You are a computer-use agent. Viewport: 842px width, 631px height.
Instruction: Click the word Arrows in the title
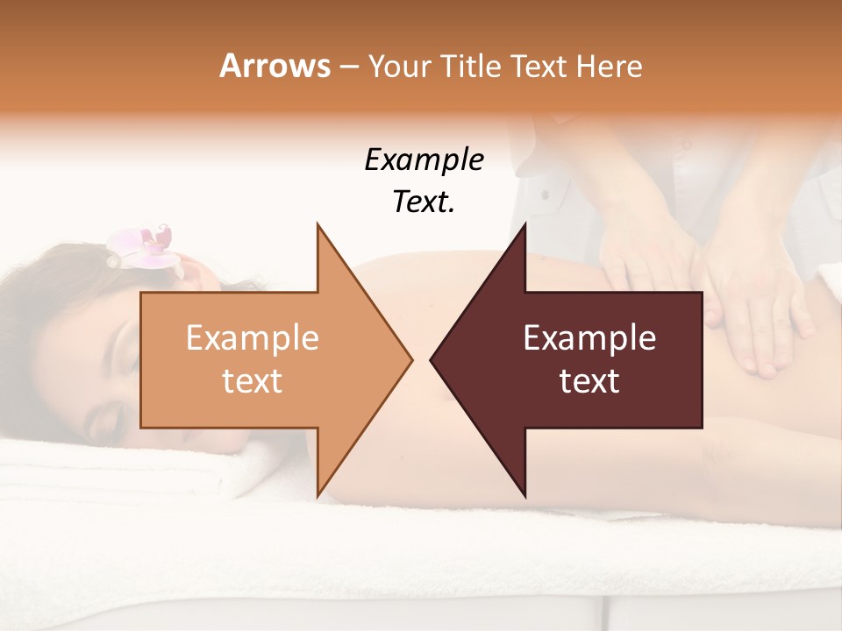click(x=275, y=66)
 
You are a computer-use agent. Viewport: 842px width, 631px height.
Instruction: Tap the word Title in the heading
click(x=472, y=66)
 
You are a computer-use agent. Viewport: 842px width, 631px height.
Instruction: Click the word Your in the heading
click(x=399, y=66)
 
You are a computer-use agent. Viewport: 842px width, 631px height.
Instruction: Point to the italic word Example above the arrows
click(x=424, y=160)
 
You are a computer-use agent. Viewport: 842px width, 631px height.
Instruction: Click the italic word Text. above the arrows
click(x=424, y=202)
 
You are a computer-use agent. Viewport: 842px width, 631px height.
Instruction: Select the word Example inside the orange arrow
click(x=252, y=337)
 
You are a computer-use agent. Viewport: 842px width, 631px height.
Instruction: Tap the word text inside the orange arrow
click(x=252, y=380)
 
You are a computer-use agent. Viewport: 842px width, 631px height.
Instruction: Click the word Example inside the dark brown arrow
click(x=589, y=337)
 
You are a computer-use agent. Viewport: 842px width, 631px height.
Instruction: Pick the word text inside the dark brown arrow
click(x=589, y=380)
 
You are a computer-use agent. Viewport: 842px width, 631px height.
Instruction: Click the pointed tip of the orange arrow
click(x=411, y=359)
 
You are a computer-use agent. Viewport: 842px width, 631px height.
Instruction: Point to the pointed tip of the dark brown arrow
click(x=432, y=359)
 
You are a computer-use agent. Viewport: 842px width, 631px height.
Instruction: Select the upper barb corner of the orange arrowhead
click(x=318, y=225)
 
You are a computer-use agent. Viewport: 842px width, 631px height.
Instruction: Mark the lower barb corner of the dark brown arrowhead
click(x=524, y=496)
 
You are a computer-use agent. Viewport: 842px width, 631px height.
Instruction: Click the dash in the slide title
click(x=348, y=67)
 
